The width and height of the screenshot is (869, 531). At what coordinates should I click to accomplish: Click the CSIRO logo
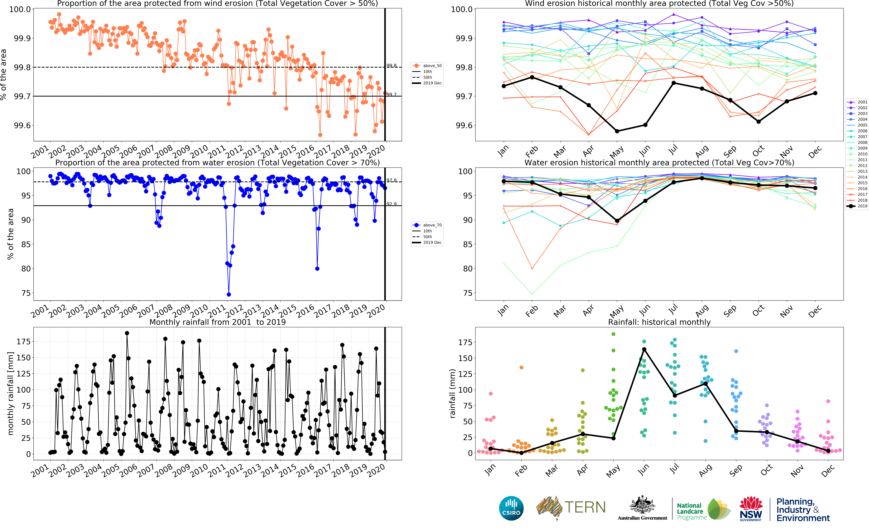tap(511, 508)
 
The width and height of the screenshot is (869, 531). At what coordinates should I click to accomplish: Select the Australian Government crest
tap(642, 505)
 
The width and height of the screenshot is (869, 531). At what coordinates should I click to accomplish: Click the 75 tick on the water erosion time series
tap(26, 293)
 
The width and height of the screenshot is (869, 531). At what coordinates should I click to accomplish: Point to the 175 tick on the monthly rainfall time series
tap(23, 341)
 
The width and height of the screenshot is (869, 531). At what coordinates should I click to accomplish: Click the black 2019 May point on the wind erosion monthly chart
tap(617, 131)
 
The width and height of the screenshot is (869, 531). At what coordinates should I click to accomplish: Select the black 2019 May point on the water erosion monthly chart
tap(617, 221)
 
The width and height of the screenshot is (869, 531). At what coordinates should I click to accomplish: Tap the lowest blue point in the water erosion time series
tap(229, 294)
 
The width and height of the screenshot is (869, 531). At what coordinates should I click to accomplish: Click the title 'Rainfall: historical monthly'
tap(659, 322)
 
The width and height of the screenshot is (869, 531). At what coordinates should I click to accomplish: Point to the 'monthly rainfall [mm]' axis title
tap(11, 393)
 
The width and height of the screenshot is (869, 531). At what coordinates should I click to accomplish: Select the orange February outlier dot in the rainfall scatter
tap(521, 367)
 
